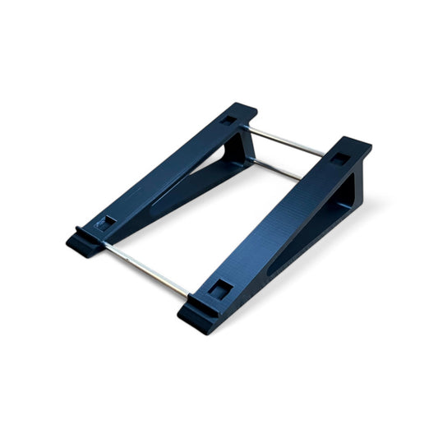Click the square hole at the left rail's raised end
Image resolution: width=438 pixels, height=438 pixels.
coord(228,121)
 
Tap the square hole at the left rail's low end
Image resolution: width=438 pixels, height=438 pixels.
coord(104,222)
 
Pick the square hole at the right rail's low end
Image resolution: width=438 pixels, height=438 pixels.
coord(219,288)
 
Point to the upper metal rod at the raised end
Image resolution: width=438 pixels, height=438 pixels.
coord(288,142)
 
